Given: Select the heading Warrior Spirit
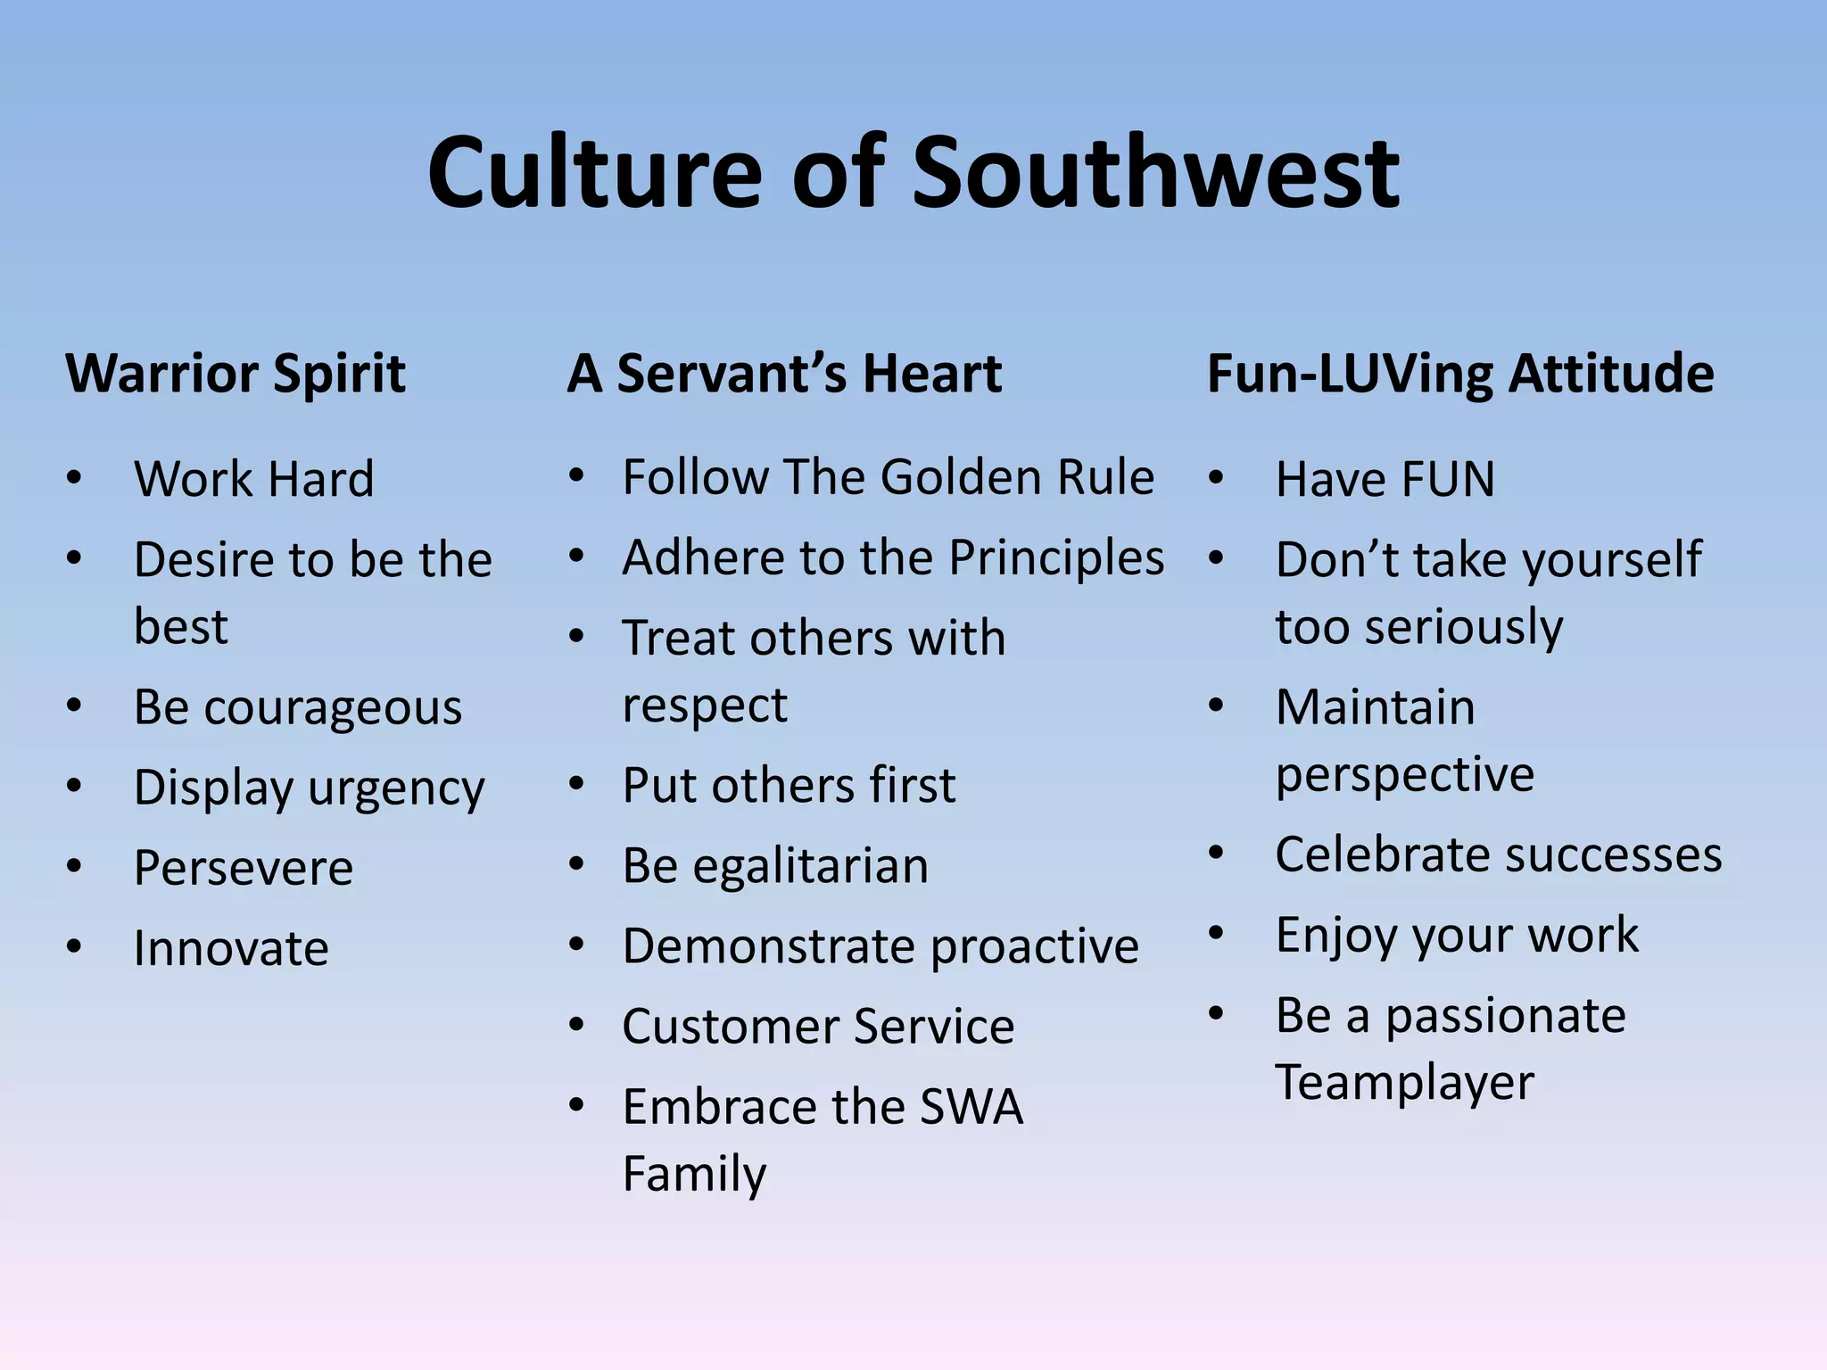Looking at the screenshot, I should pos(236,373).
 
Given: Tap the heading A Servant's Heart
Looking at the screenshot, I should pos(784,373).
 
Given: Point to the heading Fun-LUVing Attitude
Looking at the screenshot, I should pos(1460,373).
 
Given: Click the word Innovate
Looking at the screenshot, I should pos(231,948).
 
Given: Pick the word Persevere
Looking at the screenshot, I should pos(244,868).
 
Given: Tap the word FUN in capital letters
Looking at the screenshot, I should pos(1447,480).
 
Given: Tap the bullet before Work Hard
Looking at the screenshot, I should pos(74,478).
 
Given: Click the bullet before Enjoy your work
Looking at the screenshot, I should pos(1216,934).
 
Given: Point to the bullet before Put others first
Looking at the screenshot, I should pos(577,785).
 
